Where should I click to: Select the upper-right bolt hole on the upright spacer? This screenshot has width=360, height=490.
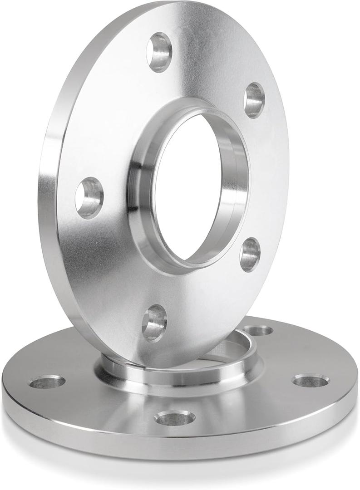point(254,100)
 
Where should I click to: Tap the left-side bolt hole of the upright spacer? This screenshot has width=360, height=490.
point(89,198)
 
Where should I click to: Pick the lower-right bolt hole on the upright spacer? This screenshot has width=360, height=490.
point(250,254)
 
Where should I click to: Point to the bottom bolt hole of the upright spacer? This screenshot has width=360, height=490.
point(154,323)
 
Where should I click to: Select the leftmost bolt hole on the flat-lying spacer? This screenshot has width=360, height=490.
point(47,382)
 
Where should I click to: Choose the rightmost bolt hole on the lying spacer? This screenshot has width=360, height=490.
point(311,380)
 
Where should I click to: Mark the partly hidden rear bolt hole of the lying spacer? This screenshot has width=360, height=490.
point(258,330)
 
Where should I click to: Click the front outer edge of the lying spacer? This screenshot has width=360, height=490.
point(182,447)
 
